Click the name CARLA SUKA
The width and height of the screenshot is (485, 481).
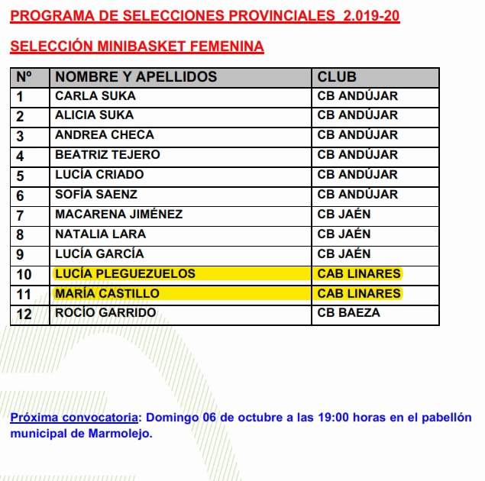(x=95, y=96)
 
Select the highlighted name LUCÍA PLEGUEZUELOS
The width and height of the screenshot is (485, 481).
(x=125, y=273)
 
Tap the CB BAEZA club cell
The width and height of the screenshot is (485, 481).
(x=348, y=312)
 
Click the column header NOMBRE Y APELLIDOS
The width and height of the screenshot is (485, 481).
(x=136, y=77)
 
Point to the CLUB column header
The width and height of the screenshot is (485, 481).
(x=337, y=77)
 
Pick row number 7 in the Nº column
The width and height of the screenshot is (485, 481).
(x=20, y=215)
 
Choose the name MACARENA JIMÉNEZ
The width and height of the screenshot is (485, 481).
(x=118, y=215)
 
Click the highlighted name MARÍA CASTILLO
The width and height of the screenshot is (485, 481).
(x=107, y=293)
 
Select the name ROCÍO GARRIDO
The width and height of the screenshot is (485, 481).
(x=105, y=312)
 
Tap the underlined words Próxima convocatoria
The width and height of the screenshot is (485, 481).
(x=74, y=418)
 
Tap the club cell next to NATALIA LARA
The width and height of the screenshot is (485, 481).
(x=344, y=234)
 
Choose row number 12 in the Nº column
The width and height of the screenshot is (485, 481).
(x=23, y=312)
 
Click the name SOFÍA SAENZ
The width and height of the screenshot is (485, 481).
(x=97, y=195)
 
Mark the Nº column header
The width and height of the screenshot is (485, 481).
(x=24, y=77)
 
